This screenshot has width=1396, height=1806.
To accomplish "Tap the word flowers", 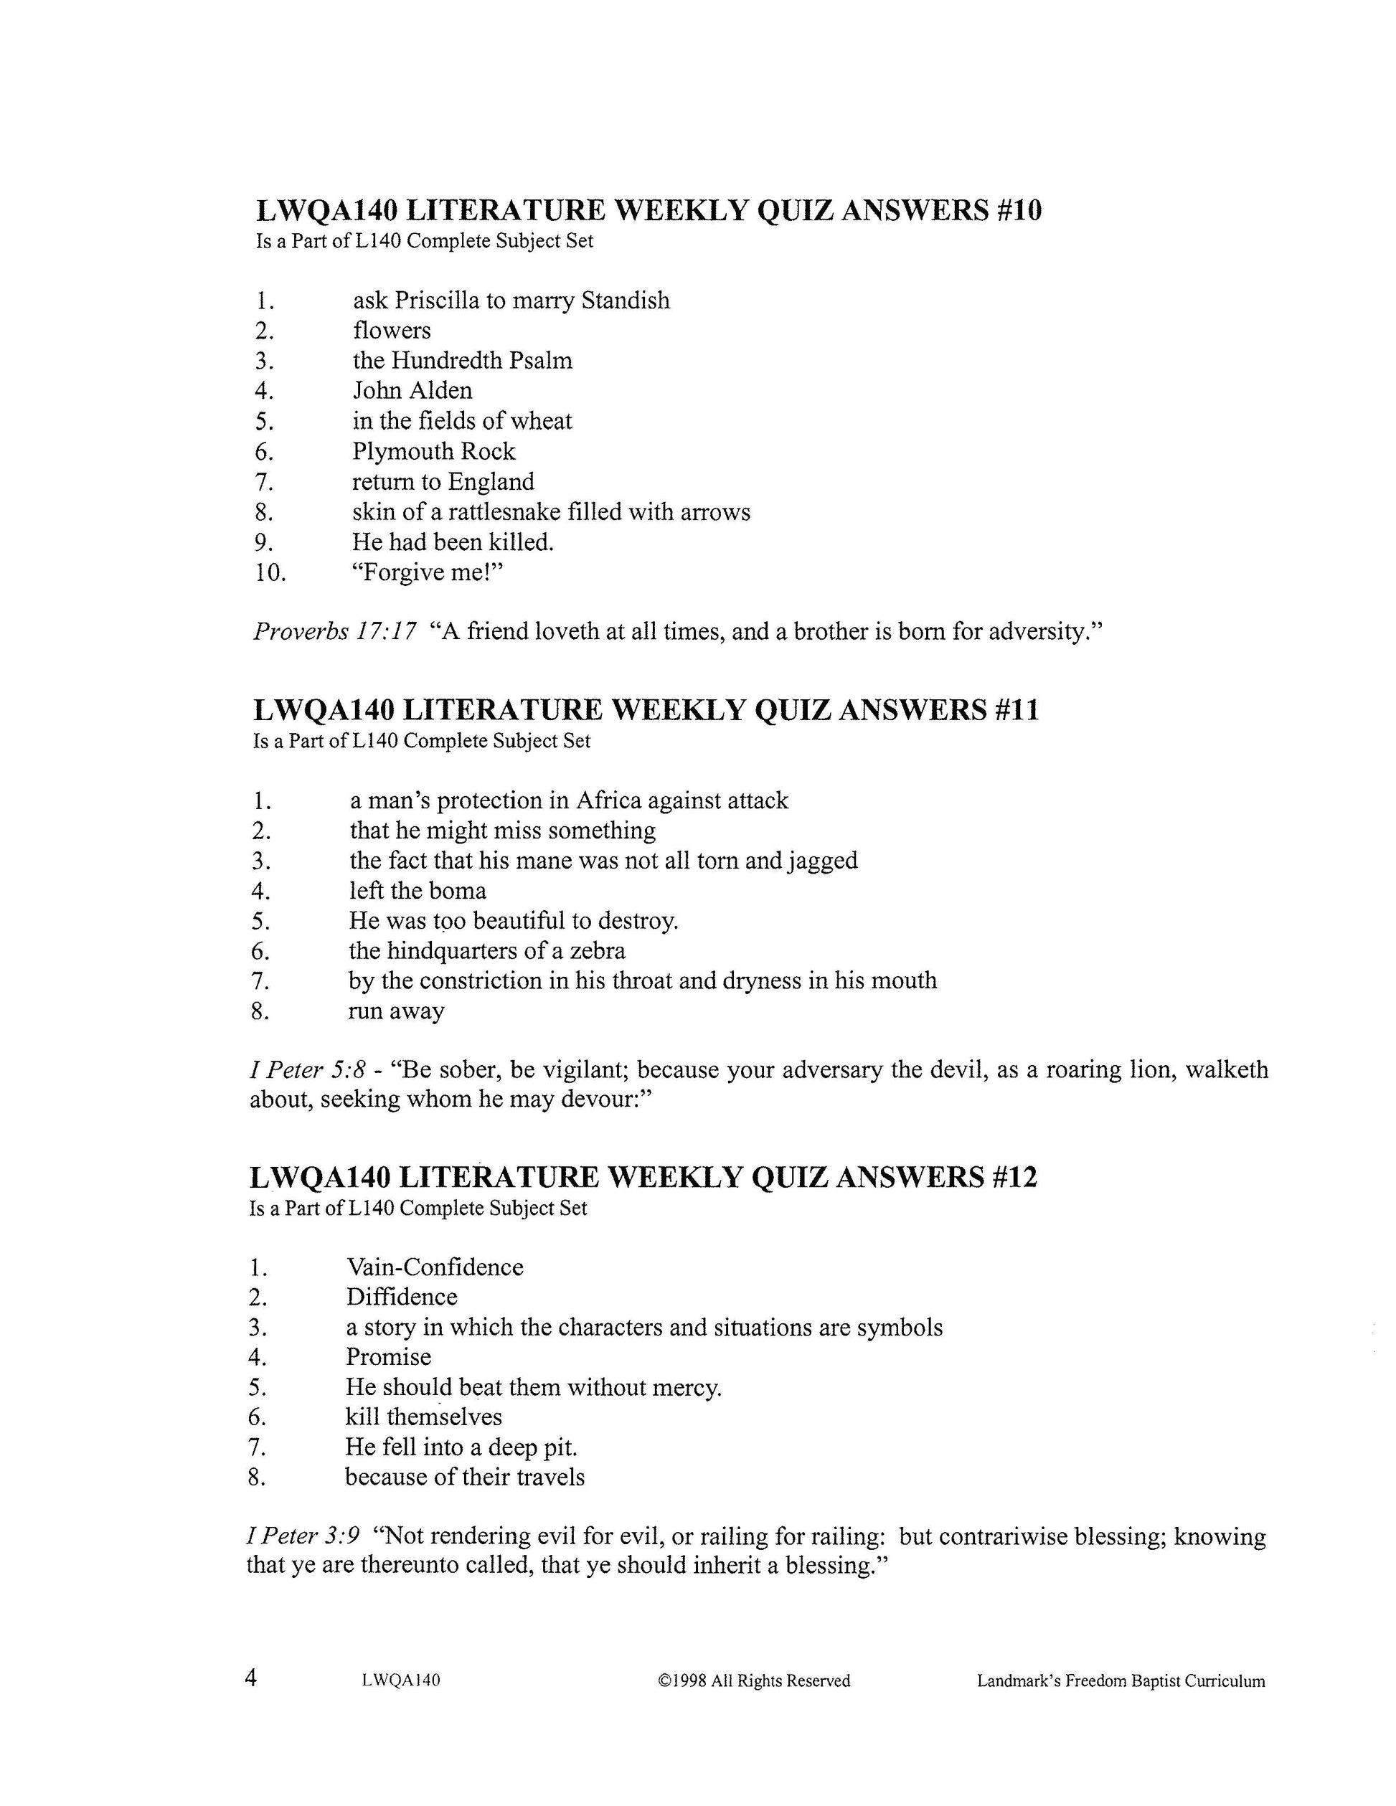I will point(392,331).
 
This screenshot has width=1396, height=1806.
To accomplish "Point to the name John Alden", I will point(412,390).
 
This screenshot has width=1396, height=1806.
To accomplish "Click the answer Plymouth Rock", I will point(433,452).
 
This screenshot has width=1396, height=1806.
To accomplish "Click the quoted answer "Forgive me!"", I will point(428,572).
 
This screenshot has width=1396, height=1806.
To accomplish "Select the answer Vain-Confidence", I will point(434,1267).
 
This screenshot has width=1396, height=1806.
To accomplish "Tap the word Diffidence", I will point(401,1297).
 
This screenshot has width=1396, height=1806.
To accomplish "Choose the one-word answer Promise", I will point(388,1357).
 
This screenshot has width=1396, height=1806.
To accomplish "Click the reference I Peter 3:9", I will point(303,1536).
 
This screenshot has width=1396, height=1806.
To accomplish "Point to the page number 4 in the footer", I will point(251,1678).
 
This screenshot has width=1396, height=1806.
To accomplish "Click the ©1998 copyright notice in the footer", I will point(753,1681).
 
